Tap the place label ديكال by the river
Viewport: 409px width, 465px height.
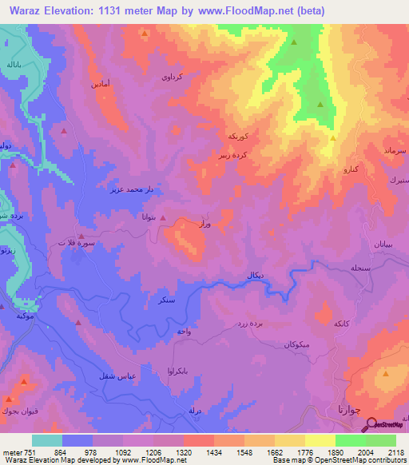pos(251,276)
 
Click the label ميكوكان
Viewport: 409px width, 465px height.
pos(296,344)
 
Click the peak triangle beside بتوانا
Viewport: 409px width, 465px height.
pos(163,217)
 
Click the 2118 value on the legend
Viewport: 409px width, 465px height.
pos(395,451)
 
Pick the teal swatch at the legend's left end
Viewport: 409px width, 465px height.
pos(47,440)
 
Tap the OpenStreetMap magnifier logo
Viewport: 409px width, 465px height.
pos(371,427)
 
